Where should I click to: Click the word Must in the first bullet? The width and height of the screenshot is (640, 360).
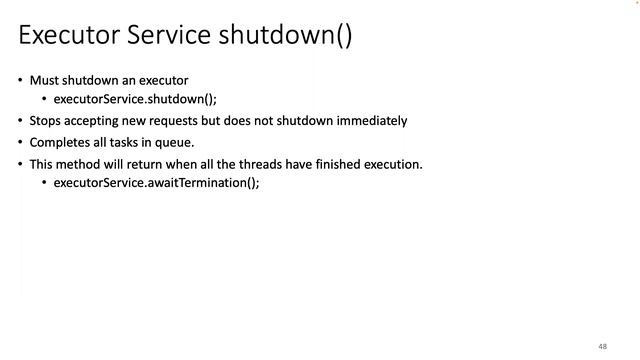click(45, 80)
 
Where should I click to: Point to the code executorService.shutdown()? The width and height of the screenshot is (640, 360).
click(134, 99)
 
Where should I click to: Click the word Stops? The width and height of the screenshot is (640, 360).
click(46, 121)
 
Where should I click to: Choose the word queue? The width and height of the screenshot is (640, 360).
click(174, 142)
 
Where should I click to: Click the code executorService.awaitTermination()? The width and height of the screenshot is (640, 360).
click(156, 183)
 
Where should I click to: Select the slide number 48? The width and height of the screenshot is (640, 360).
click(603, 345)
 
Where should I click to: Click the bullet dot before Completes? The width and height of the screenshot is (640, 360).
click(20, 143)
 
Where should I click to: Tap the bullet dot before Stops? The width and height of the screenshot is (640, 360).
click(20, 121)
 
